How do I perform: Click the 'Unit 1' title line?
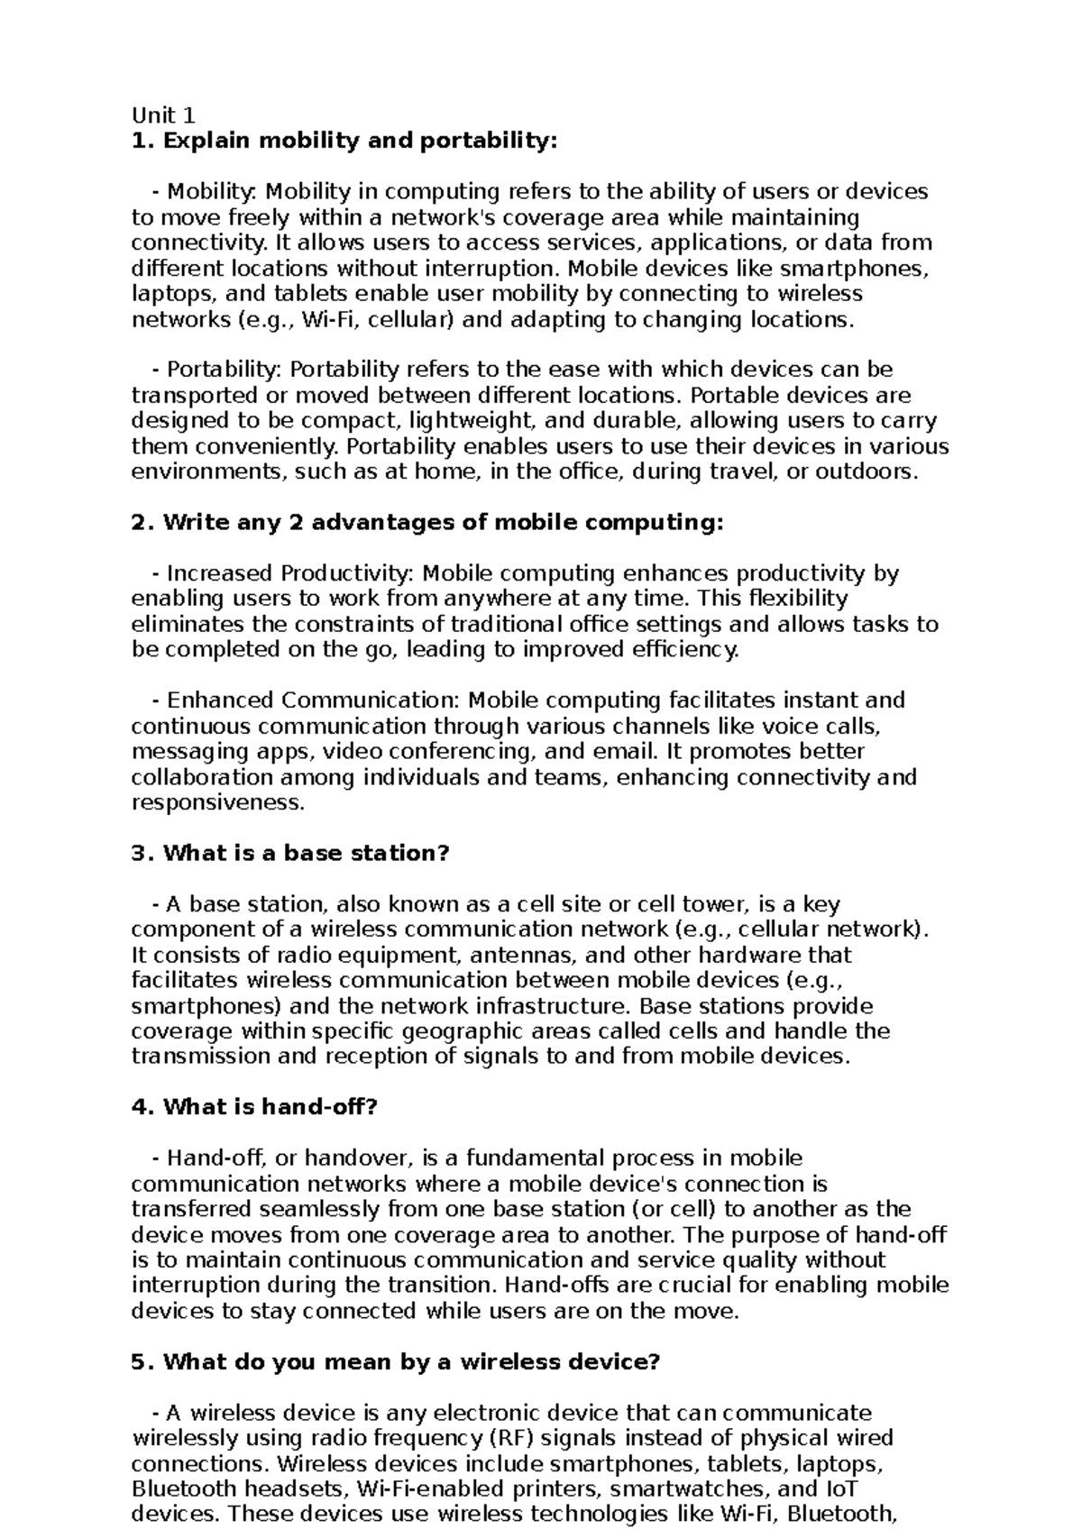(x=162, y=115)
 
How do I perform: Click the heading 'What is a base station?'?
(x=306, y=853)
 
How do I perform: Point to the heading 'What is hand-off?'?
(x=270, y=1107)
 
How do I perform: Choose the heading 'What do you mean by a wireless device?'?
(x=412, y=1362)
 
